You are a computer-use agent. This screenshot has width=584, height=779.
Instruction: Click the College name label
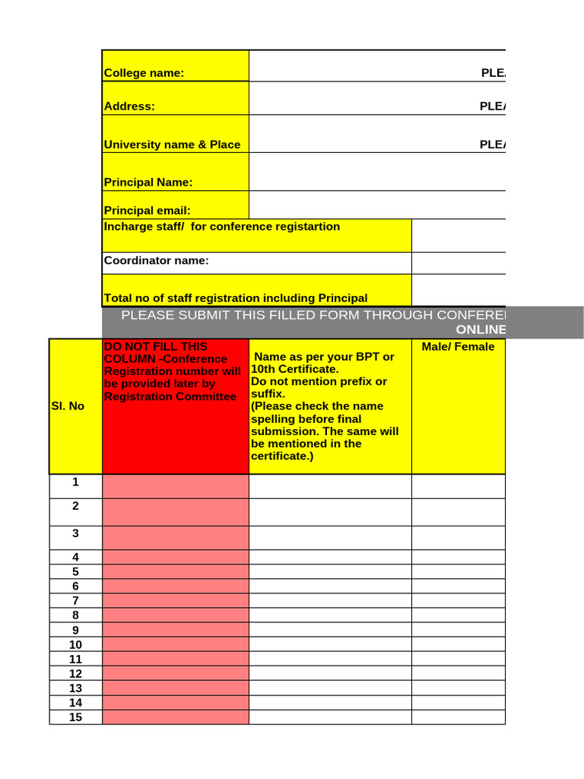144,73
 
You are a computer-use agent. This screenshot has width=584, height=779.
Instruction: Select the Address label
129,107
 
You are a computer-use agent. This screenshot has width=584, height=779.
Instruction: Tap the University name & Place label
172,145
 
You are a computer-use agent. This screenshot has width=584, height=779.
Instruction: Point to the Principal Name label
148,183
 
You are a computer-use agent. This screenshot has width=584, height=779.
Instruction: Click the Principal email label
148,210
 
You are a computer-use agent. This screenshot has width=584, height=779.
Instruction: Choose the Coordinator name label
157,260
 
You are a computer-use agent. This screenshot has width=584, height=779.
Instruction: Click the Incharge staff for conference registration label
222,227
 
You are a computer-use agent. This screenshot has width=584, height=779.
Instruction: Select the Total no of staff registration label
236,298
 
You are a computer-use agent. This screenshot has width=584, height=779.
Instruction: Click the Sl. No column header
67,406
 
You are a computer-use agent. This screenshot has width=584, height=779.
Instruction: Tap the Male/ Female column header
458,347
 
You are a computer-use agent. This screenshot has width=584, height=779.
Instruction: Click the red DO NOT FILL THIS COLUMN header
175,371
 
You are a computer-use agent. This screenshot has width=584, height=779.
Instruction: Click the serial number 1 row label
75,482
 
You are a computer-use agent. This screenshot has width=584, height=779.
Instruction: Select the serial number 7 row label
75,601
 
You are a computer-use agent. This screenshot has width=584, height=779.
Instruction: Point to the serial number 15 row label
75,717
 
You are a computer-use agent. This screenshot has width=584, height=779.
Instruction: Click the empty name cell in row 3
330,537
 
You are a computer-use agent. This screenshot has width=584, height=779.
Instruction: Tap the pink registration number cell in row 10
175,644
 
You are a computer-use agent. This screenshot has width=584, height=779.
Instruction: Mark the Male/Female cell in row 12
458,673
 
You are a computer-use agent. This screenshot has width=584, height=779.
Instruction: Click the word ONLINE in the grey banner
481,329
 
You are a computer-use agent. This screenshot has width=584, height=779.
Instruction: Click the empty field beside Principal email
377,205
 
